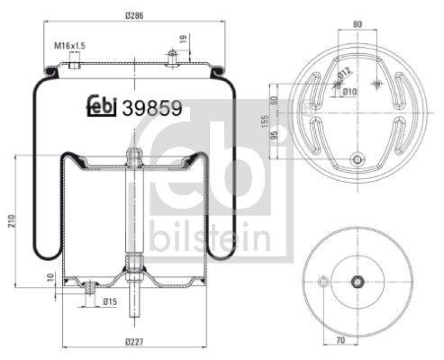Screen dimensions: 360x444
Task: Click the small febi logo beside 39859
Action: coord(102,107)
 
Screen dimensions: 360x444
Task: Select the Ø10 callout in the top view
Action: coord(349,92)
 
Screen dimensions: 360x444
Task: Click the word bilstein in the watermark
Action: coord(211,238)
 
